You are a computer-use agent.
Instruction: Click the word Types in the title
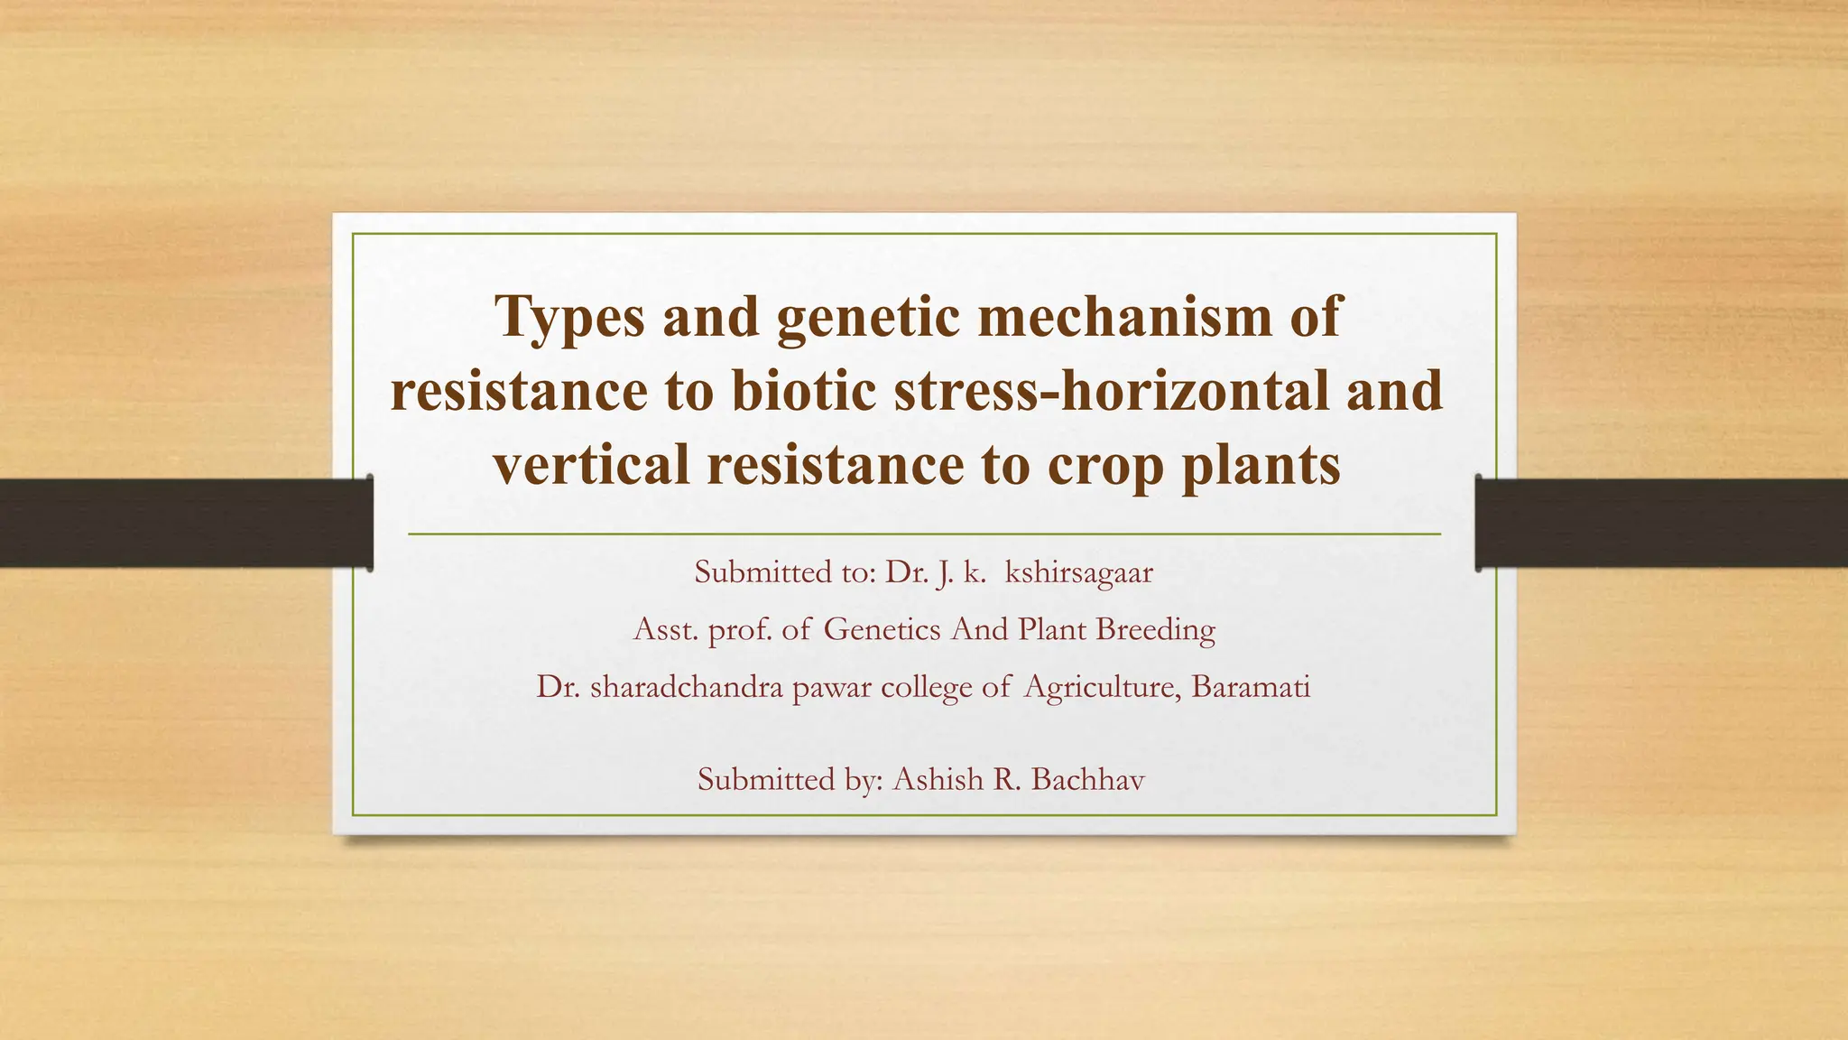pos(570,318)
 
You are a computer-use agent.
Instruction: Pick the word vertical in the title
pos(591,465)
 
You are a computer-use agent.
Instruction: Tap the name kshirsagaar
pos(1078,572)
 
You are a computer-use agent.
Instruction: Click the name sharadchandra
pos(686,687)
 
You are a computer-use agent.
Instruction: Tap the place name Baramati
pos(1251,687)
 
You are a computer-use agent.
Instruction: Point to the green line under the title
pos(924,534)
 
